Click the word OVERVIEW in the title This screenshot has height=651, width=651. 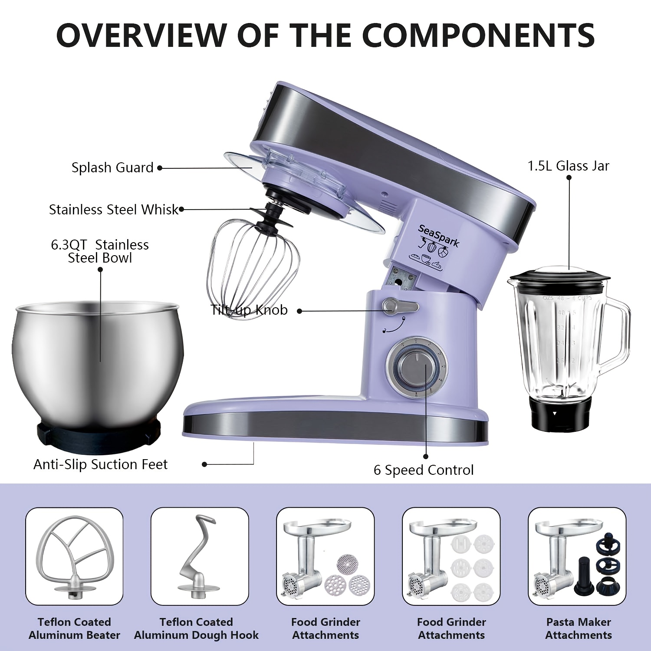point(141,35)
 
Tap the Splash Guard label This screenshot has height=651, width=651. point(112,168)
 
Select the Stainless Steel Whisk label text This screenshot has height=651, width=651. point(114,210)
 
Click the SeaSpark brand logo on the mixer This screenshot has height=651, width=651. point(438,236)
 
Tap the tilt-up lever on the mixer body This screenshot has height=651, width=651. point(400,306)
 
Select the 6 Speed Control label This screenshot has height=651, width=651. point(424,470)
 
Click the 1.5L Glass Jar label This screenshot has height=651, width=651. point(568,166)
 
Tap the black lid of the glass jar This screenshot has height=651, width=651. point(559,276)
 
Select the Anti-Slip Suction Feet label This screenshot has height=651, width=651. point(100,464)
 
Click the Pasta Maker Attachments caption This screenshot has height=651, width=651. point(579,628)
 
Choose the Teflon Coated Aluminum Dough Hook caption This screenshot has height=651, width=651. point(196,628)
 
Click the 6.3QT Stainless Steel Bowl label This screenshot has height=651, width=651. point(100,251)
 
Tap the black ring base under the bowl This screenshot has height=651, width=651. point(98,434)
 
